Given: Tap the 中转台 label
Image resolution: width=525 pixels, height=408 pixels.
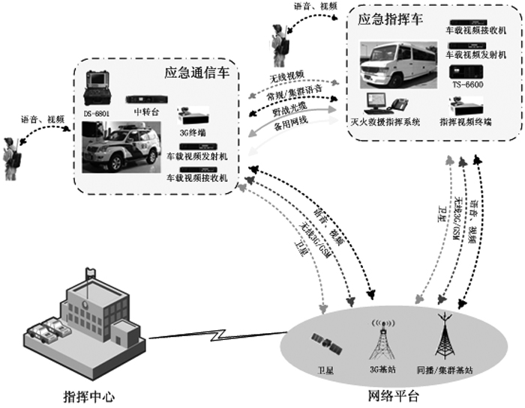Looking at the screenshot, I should pyautogui.click(x=145, y=113).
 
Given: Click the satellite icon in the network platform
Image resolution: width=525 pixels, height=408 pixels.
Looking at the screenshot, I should pyautogui.click(x=328, y=345).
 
